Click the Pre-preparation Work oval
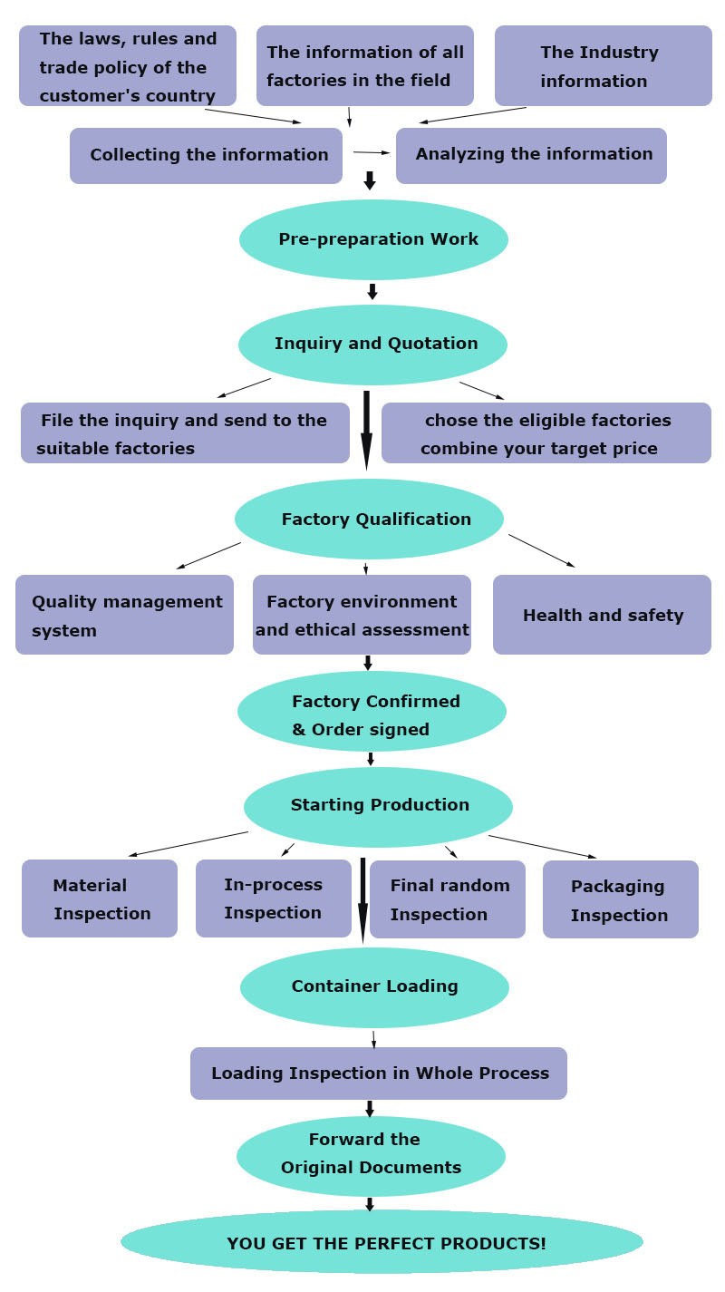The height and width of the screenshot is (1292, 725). coord(373,239)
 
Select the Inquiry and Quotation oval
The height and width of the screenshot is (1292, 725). coord(372,344)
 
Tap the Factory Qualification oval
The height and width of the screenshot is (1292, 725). coord(369,519)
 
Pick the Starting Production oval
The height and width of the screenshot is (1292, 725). coord(378,806)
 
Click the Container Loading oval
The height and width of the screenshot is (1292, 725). coord(374,986)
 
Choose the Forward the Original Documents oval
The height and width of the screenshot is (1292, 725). coord(371,1155)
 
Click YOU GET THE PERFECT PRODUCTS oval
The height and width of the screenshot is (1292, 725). coord(382,1242)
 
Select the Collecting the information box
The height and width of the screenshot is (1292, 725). coord(207,155)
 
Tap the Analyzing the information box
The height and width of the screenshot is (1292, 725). coord(531,155)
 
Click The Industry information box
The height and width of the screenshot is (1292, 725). coord(603,66)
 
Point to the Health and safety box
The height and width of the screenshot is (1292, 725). coord(602,615)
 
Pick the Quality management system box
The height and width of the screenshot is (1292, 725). coord(124,615)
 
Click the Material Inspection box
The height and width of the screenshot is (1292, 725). coord(100,899)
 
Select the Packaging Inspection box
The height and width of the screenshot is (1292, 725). coord(620,899)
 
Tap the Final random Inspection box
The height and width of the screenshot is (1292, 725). coord(448,899)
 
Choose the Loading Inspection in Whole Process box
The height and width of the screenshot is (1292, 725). coord(379,1073)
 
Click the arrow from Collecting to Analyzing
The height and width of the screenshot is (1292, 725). coord(371,152)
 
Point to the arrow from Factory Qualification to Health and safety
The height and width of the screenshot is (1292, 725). coord(541,550)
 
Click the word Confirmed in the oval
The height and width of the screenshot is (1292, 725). coord(414,702)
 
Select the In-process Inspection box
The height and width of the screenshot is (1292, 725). coord(273,898)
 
